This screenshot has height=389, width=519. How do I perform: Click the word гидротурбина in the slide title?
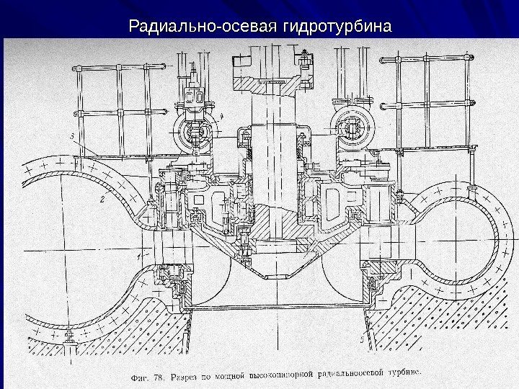338,27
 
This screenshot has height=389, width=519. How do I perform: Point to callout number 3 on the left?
73,135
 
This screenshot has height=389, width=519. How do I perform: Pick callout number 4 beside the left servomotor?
221,115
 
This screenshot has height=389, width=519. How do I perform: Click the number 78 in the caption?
156,375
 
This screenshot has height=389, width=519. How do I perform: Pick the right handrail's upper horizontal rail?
432,69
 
